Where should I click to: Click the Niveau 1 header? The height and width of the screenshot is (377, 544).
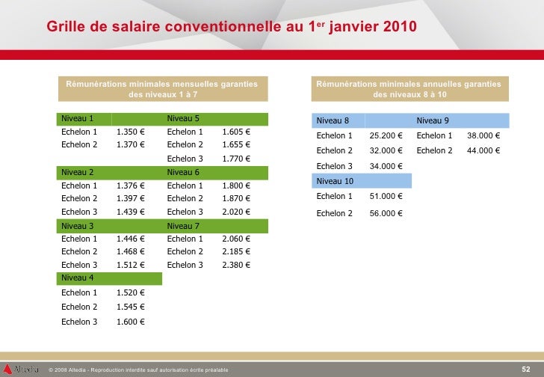pos(77,118)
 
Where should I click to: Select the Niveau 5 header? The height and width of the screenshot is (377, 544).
pos(183,118)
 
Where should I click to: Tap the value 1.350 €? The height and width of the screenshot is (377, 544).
pos(130,132)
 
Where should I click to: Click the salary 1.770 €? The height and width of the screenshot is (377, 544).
pos(235,159)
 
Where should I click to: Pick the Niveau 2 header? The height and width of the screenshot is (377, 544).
pos(77,172)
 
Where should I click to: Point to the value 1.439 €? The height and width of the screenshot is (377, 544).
pos(130,212)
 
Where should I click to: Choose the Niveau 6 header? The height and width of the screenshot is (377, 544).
pos(183,172)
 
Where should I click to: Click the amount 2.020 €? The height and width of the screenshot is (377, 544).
pos(235,212)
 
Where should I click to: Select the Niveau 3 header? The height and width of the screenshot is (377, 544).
pos(77,226)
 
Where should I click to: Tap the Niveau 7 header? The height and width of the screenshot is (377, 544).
pos(183,226)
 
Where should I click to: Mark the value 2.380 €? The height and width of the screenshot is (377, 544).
pos(235,265)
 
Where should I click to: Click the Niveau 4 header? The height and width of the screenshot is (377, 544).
pos(77,278)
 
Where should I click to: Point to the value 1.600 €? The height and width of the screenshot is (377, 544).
pos(130,322)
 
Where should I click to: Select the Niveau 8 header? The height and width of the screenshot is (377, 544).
pos(333,120)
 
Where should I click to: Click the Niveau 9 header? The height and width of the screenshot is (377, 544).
pos(433,120)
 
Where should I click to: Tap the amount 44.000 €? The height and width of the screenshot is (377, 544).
pos(483,150)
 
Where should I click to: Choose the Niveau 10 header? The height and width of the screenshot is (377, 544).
pos(335,181)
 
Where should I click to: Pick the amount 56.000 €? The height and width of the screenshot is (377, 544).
pos(386,213)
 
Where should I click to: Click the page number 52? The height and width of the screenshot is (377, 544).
pos(525,369)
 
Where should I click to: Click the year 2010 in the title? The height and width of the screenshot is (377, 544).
pos(387,27)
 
